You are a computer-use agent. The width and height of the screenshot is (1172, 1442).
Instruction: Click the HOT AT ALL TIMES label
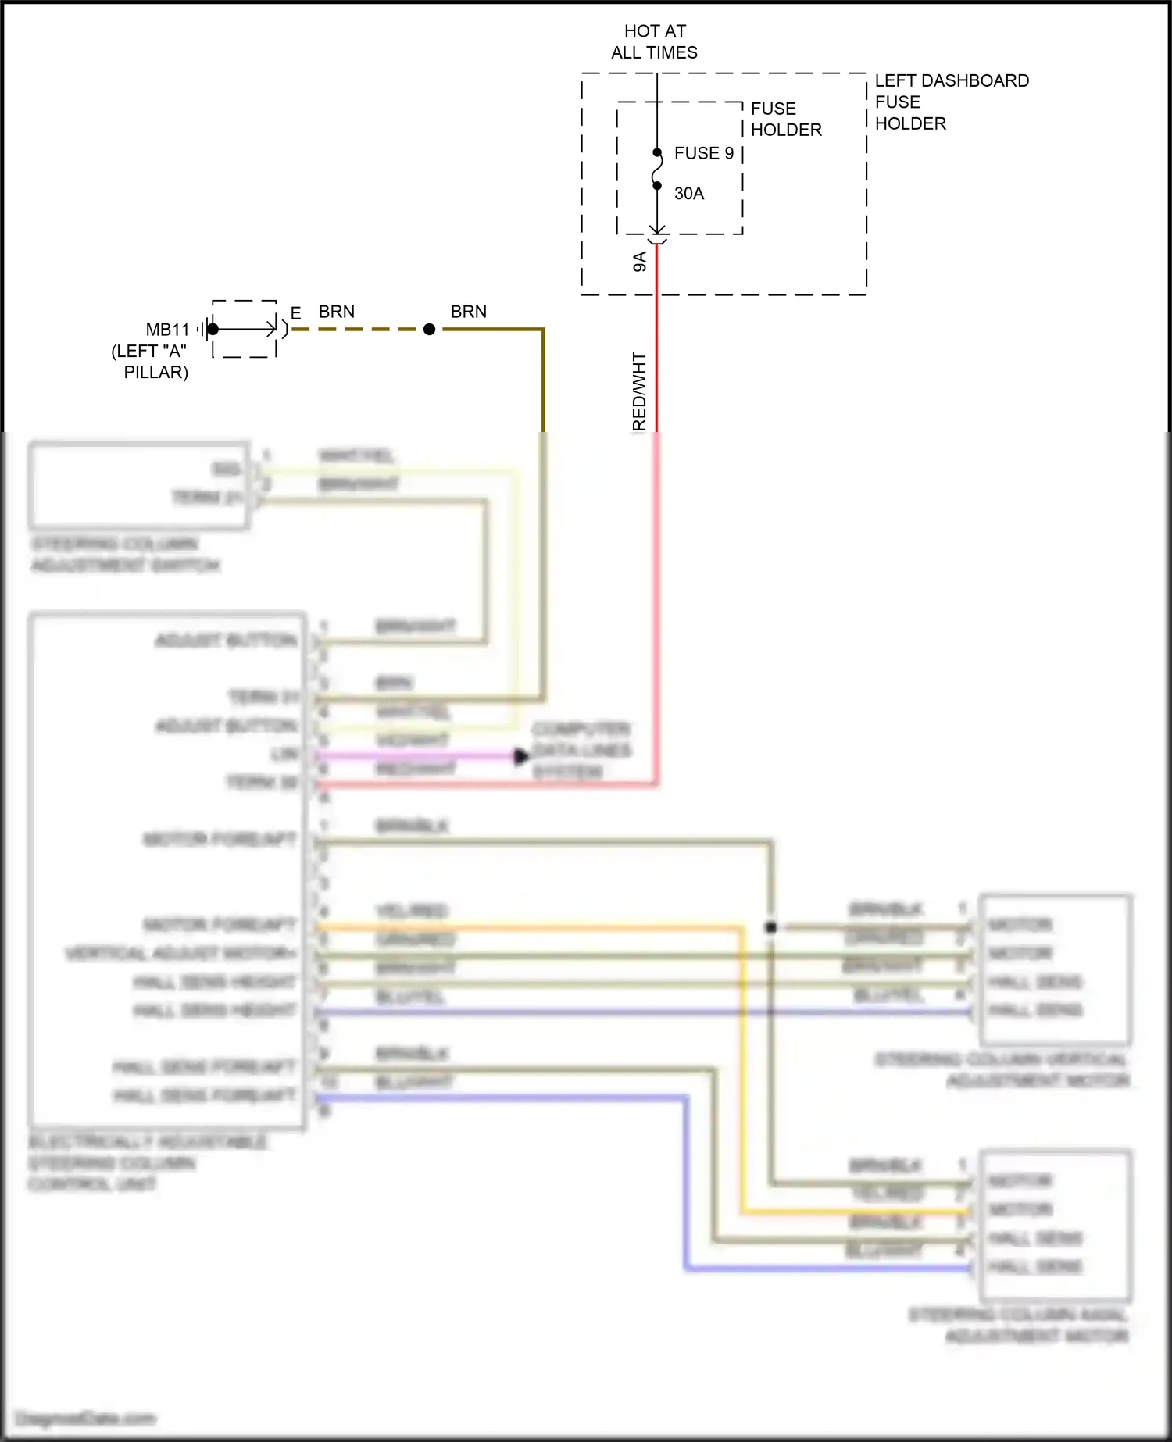pos(655,41)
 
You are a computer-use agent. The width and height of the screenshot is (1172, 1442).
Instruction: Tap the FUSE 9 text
pos(703,153)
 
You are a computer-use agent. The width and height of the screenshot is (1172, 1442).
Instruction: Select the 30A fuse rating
pos(688,193)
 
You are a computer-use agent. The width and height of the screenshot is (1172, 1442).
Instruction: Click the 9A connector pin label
pos(640,262)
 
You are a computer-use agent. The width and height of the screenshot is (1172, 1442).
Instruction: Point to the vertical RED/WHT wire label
pos(640,391)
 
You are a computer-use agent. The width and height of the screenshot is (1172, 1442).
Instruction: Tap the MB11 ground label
pos(167,329)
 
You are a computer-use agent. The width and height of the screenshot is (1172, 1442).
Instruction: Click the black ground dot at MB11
pos(213,329)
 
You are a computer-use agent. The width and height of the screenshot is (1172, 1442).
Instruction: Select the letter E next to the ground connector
pos(295,313)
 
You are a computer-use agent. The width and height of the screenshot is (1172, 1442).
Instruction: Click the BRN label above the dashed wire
pos(337,312)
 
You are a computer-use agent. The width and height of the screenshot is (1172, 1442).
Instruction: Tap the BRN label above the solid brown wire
pos(469,312)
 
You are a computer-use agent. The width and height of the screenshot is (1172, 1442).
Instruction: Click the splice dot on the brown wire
pos(429,330)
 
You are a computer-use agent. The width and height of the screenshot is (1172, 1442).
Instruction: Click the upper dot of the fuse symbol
pos(657,153)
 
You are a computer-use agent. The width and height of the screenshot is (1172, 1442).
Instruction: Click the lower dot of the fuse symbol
pos(657,186)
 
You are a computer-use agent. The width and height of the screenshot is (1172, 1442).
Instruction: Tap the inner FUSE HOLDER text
pos(785,119)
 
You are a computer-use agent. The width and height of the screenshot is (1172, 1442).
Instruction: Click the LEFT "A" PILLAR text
pos(150,362)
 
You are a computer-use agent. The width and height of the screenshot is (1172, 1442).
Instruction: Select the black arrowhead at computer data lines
pos(521,756)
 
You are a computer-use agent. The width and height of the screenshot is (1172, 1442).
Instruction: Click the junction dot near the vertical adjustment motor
pos(770,927)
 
